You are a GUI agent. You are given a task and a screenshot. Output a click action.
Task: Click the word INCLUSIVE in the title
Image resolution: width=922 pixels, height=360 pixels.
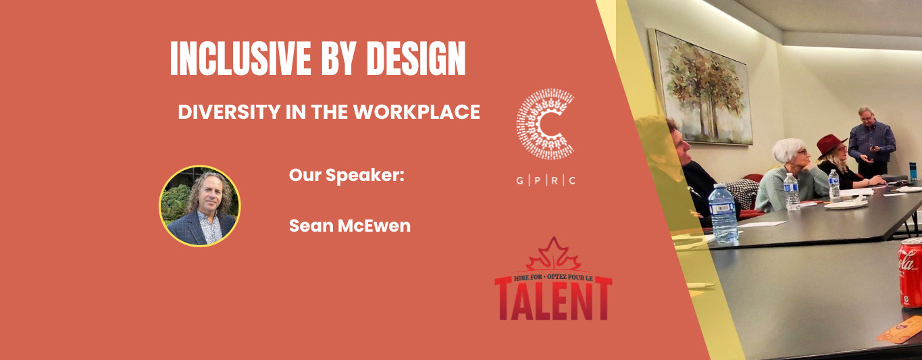[x=240, y=58]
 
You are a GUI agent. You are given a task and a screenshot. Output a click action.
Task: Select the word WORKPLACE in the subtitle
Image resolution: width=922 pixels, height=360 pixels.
[x=417, y=112]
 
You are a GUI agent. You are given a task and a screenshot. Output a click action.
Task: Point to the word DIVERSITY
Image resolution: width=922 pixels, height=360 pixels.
[x=229, y=112]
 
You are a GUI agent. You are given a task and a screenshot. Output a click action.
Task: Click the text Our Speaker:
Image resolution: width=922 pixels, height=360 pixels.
[x=347, y=175]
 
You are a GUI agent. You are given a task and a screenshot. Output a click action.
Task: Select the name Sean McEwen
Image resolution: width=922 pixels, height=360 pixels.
[x=350, y=226]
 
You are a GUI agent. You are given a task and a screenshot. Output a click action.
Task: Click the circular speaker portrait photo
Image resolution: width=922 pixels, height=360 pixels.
[x=200, y=206]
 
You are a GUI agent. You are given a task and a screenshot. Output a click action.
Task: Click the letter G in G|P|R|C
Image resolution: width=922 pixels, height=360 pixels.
[x=520, y=180]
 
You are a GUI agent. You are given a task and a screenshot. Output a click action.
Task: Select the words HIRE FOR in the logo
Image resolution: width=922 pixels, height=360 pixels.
[x=528, y=278]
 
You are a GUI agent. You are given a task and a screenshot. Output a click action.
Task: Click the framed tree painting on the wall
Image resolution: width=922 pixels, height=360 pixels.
[x=702, y=88]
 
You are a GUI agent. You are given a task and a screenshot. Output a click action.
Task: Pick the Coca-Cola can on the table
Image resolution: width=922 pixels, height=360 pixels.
[x=910, y=272]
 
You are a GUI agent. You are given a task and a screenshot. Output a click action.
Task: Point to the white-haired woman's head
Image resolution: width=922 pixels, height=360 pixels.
[x=790, y=151]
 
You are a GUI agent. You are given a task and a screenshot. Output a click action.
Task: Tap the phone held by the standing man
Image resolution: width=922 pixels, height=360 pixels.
[x=871, y=149]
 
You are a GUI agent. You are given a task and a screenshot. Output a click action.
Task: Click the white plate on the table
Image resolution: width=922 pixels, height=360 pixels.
[x=846, y=204]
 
